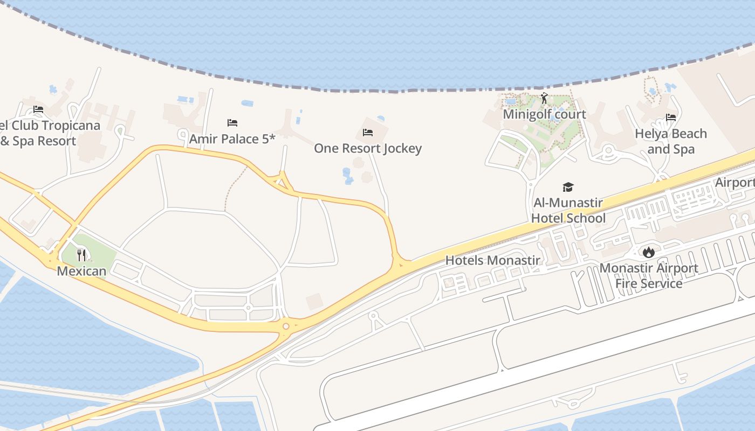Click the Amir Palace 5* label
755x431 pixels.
[x=232, y=139]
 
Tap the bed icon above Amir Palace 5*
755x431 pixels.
[x=232, y=123]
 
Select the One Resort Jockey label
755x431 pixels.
[x=368, y=148]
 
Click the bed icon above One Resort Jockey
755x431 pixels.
[x=368, y=133]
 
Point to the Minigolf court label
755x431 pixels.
[x=544, y=114]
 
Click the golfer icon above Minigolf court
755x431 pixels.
[x=544, y=99]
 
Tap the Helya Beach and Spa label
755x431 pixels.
[x=670, y=141]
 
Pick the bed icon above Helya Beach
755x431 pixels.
[x=671, y=117]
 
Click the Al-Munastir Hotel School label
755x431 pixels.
[x=568, y=211]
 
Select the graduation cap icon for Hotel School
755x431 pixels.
[x=568, y=187]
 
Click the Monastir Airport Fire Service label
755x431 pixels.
[x=648, y=275]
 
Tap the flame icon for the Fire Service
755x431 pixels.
[x=648, y=252]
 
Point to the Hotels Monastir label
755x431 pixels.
[x=492, y=261]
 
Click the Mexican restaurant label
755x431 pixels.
[x=81, y=271]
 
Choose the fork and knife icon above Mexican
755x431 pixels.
[x=81, y=255]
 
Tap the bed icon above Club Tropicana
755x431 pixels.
[x=38, y=109]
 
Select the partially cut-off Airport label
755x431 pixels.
[x=735, y=183]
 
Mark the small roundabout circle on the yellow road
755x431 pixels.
[x=286, y=326]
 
